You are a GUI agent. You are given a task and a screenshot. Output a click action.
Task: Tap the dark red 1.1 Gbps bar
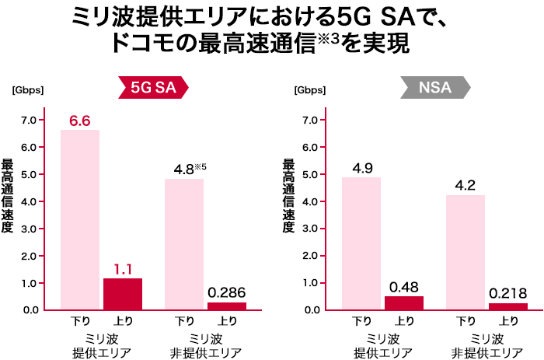[x=123, y=293]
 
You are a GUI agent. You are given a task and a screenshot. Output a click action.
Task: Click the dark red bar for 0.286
[x=227, y=306]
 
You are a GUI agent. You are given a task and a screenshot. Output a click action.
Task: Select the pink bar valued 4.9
[x=361, y=243]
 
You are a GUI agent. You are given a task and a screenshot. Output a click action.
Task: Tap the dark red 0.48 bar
[x=404, y=302]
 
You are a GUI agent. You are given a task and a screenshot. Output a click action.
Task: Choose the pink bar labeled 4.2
[x=466, y=252]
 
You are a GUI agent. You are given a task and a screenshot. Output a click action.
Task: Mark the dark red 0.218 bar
[x=508, y=306]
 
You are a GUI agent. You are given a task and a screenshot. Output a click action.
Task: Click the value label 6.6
[x=80, y=121]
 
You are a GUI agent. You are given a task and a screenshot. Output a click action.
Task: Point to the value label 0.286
[x=227, y=293]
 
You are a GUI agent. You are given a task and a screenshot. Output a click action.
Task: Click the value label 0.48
[x=404, y=286]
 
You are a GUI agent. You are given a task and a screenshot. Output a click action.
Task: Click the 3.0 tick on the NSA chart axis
[x=311, y=229]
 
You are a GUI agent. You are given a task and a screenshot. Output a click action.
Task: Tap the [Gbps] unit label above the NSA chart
[x=310, y=89]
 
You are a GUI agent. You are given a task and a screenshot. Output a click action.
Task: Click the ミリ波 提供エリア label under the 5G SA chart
[x=101, y=345]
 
